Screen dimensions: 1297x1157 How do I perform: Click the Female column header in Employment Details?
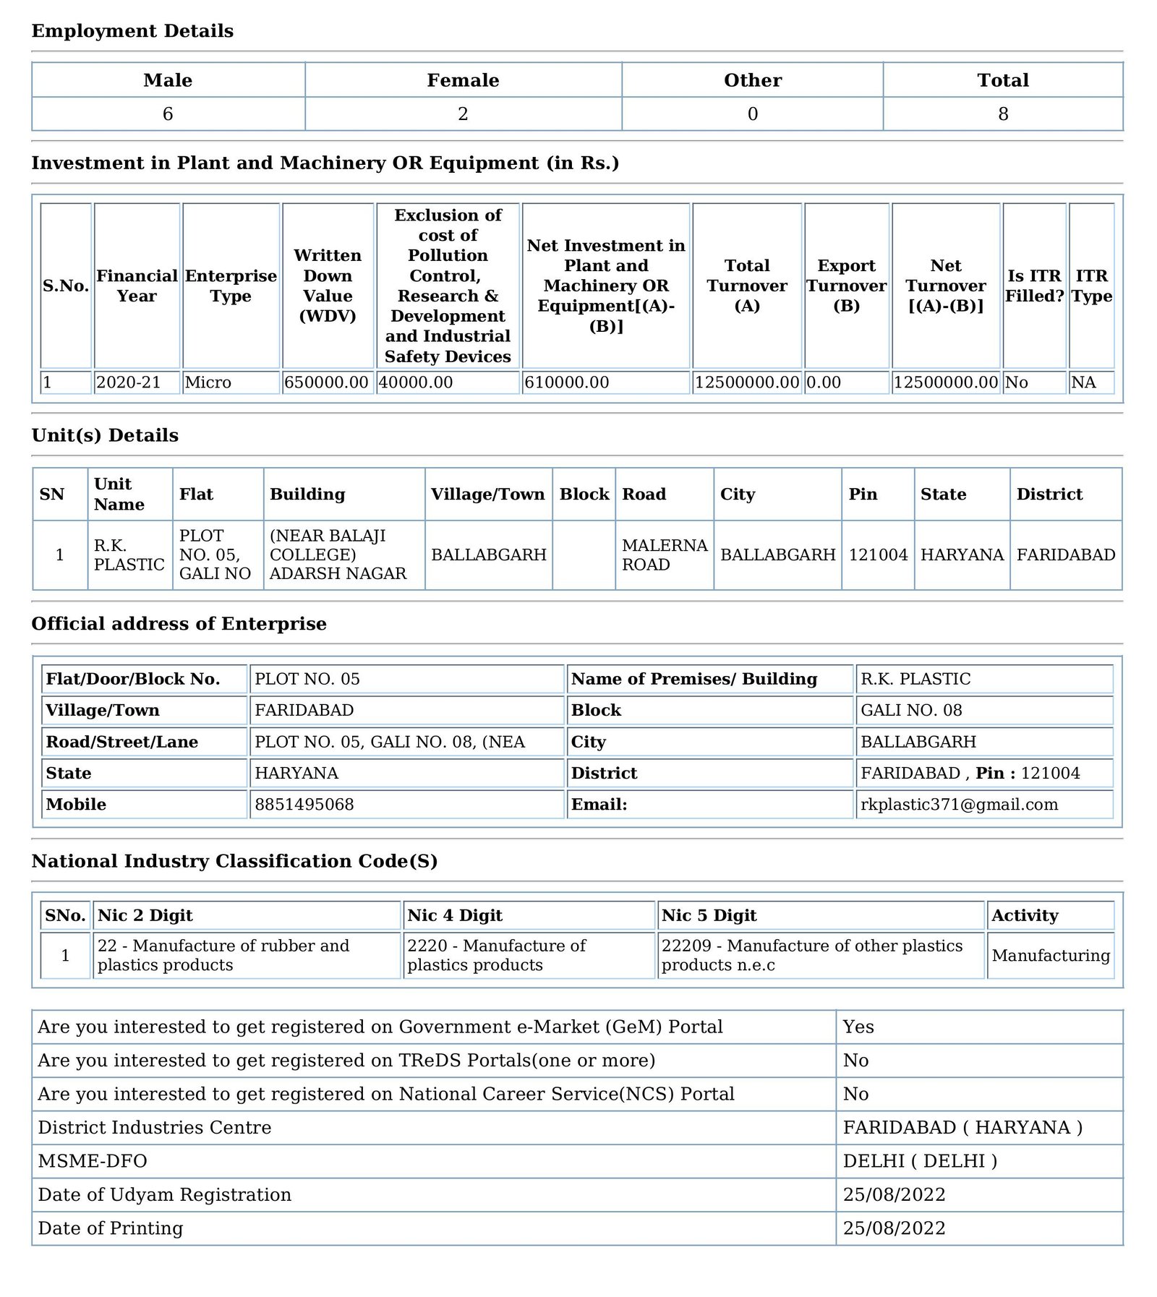463,80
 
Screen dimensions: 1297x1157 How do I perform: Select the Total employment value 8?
1002,114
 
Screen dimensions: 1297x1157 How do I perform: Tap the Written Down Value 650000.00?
326,382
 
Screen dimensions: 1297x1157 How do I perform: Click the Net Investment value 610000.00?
566,382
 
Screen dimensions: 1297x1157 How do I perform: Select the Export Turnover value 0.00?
824,382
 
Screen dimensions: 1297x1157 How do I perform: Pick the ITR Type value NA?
1083,382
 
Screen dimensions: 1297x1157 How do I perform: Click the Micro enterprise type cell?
208,382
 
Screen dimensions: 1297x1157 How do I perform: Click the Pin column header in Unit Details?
863,495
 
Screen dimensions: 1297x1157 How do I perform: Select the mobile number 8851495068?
304,805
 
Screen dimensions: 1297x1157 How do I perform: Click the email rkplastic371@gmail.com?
959,805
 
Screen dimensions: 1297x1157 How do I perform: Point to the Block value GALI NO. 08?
911,710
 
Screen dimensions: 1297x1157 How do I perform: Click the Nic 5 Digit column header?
709,915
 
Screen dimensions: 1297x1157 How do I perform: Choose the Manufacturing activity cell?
1050,956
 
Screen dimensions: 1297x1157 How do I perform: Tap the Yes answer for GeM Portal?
858,1027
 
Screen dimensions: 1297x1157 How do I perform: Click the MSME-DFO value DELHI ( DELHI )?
920,1161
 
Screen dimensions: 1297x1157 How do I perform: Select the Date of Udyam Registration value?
894,1194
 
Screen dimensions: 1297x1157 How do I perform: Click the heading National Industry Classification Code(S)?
234,861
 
